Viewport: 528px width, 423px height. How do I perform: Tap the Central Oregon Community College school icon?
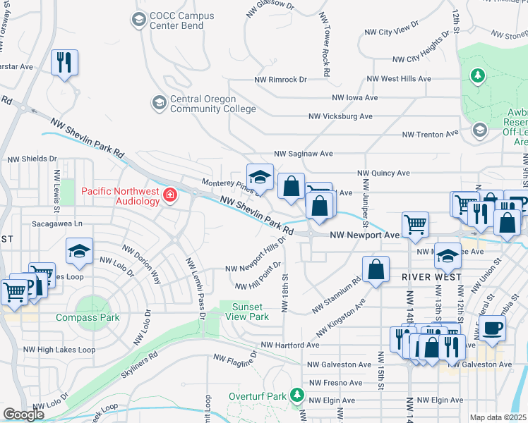coord(159,104)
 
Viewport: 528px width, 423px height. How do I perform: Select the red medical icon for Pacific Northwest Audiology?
coord(169,195)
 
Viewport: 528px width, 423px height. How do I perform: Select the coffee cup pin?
coord(491,326)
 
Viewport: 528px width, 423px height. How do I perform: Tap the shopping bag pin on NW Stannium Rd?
coord(377,269)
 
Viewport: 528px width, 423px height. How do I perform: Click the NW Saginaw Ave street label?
coord(303,153)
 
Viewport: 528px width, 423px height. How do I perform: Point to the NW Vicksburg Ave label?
coord(340,116)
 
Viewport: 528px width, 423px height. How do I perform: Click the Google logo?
coord(23,415)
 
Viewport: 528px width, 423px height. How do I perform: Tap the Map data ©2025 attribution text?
coord(498,417)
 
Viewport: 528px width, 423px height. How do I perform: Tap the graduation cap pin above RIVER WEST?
coord(448,256)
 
